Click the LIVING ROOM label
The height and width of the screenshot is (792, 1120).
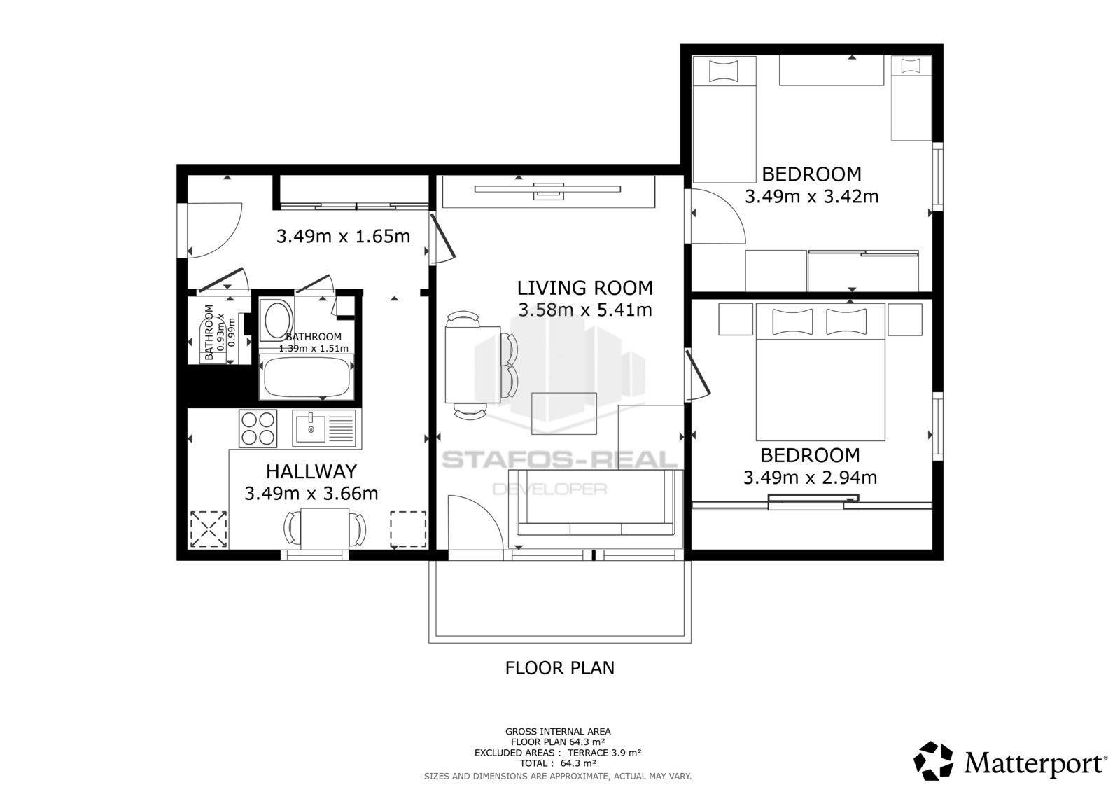coord(584,288)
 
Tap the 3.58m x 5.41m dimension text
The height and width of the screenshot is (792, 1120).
coord(584,310)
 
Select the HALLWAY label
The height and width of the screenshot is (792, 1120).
coord(311,471)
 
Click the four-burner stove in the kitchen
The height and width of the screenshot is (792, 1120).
coord(257,429)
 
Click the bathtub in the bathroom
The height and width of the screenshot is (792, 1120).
coord(306,377)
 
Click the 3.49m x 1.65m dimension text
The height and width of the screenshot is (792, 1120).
coord(343,237)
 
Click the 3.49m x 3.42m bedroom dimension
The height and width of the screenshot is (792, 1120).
coord(811,196)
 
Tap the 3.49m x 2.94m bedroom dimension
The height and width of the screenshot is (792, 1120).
coord(810,478)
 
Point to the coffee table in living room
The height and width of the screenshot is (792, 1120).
coord(564,413)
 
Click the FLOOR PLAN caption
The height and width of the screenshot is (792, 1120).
coord(559,668)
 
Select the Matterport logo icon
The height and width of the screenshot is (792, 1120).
coord(934,760)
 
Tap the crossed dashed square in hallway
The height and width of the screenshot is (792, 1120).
coord(209,529)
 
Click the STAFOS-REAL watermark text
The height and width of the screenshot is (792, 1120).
coord(559,460)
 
